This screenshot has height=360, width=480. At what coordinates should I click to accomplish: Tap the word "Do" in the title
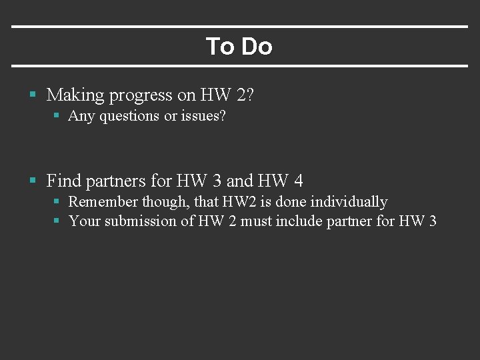coord(257,47)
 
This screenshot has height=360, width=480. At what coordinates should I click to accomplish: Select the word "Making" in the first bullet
coord(75,95)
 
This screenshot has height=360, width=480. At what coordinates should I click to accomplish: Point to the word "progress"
coord(140,96)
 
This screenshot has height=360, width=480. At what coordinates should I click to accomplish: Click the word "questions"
coord(129,117)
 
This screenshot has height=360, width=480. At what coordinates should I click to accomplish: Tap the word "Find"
coord(64,180)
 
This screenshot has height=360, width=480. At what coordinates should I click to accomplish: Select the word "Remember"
coord(103,201)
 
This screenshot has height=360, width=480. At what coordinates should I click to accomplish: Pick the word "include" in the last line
coord(299,221)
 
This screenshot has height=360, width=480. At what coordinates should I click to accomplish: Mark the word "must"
coord(256,221)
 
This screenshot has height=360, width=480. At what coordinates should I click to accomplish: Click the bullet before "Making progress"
coord(33,95)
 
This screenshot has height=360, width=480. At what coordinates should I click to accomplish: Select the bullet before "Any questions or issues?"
coord(57,116)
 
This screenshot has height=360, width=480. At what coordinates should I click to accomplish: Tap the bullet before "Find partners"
coord(33,180)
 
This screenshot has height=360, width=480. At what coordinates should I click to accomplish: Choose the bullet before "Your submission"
coord(57,221)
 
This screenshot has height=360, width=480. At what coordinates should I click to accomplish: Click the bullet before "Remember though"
coord(57,201)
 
